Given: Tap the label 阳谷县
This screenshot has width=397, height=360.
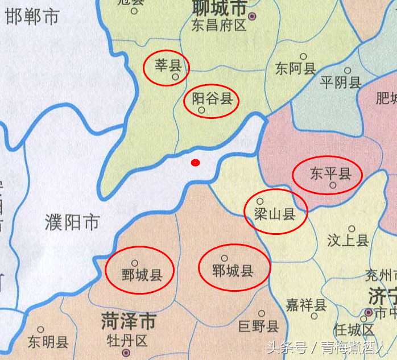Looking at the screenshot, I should pyautogui.click(x=212, y=99).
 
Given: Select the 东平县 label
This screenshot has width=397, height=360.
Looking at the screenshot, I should pyautogui.click(x=330, y=173).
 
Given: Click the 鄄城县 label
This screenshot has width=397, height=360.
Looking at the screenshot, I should pyautogui.click(x=142, y=276).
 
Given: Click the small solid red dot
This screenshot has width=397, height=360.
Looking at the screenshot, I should pyautogui.click(x=195, y=163).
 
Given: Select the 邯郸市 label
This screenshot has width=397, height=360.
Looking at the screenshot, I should pyautogui.click(x=32, y=16).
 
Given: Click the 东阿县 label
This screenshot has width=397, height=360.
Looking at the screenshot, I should pyautogui.click(x=295, y=69).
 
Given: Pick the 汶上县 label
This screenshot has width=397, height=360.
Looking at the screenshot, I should pyautogui.click(x=348, y=241).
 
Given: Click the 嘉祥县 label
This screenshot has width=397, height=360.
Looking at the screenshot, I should pyautogui.click(x=306, y=305).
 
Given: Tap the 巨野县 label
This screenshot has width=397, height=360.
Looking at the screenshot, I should pyautogui.click(x=258, y=326).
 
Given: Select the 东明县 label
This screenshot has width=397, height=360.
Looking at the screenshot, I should pyautogui.click(x=48, y=342).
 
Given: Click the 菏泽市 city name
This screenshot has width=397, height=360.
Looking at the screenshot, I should pyautogui.click(x=128, y=321).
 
